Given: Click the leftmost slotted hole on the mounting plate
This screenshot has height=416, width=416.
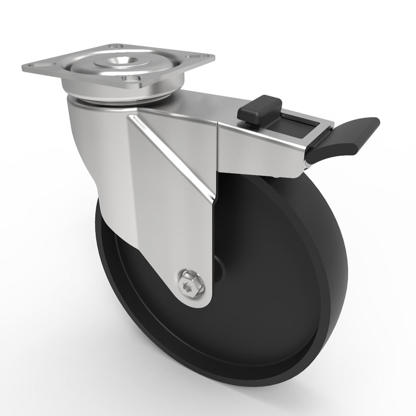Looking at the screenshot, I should (40, 67).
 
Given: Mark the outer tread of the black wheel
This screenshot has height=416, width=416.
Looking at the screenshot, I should (333, 270).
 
